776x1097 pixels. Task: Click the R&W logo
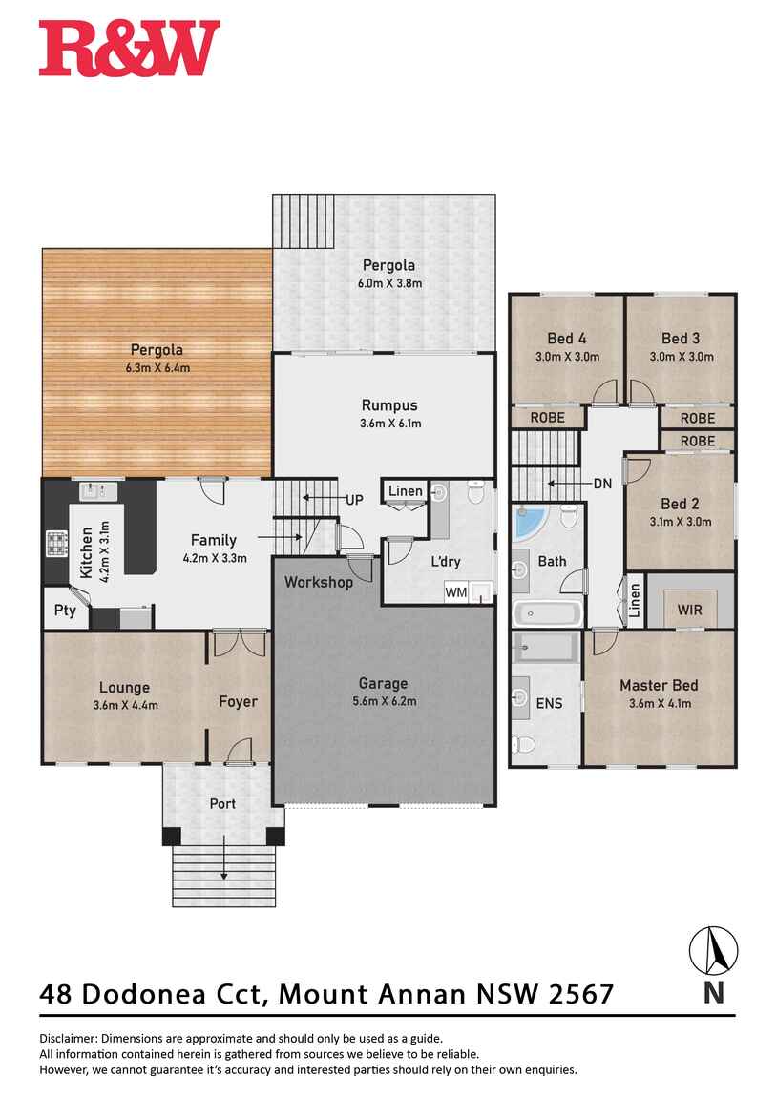130,48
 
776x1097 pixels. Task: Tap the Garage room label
383,684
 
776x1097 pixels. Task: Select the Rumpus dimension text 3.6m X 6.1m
390,424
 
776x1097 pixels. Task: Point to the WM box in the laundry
456,592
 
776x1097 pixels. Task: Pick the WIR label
689,611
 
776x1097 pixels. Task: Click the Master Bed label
659,686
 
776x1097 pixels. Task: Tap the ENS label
549,703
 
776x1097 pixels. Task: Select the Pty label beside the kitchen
65,611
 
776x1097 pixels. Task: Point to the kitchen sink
98,492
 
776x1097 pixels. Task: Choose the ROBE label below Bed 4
547,418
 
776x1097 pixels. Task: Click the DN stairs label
602,484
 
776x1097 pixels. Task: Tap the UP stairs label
355,500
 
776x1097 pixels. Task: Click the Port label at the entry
222,804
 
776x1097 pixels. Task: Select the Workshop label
319,582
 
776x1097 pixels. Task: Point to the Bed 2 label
681,504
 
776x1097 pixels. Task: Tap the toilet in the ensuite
523,744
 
